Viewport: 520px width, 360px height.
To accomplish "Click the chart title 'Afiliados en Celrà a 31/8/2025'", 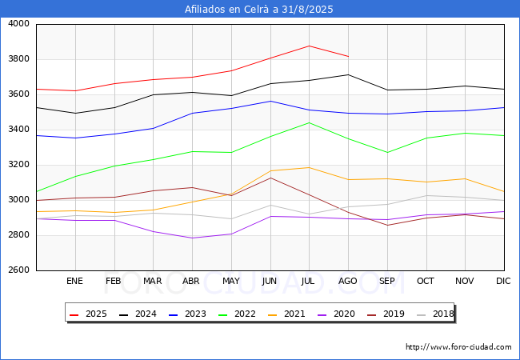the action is [x=258, y=10].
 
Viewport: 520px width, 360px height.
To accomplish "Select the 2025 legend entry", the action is [x=88, y=314].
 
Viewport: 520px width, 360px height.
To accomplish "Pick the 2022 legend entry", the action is [x=237, y=314].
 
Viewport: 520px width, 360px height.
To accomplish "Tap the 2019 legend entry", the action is [x=386, y=314].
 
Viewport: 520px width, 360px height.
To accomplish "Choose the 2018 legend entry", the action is [x=435, y=314].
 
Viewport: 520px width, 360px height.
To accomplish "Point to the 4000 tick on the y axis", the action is [x=18, y=24].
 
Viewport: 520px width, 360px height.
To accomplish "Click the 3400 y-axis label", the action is [x=18, y=130].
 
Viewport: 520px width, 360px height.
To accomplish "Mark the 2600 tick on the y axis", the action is [x=18, y=270].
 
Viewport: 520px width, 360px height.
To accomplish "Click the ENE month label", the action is [x=74, y=281].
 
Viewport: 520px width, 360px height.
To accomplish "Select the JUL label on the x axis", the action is [x=308, y=281].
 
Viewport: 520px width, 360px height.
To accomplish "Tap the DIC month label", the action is [x=503, y=281].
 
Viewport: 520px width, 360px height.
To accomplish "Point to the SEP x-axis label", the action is [x=386, y=281].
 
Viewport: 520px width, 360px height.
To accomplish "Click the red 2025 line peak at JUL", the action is [x=310, y=46].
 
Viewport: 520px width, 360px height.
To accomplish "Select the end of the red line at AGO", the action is [x=349, y=56].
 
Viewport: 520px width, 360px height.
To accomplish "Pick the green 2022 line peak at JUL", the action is [x=310, y=122].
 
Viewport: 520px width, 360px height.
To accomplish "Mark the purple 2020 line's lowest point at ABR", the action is [x=192, y=238].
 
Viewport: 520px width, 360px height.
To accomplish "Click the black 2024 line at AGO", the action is [x=349, y=74].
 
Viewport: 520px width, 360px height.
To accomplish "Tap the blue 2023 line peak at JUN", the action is [x=270, y=101].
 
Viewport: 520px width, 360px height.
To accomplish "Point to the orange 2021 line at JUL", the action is [x=310, y=167].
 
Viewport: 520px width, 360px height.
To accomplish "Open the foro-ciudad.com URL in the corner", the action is [x=458, y=347].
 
